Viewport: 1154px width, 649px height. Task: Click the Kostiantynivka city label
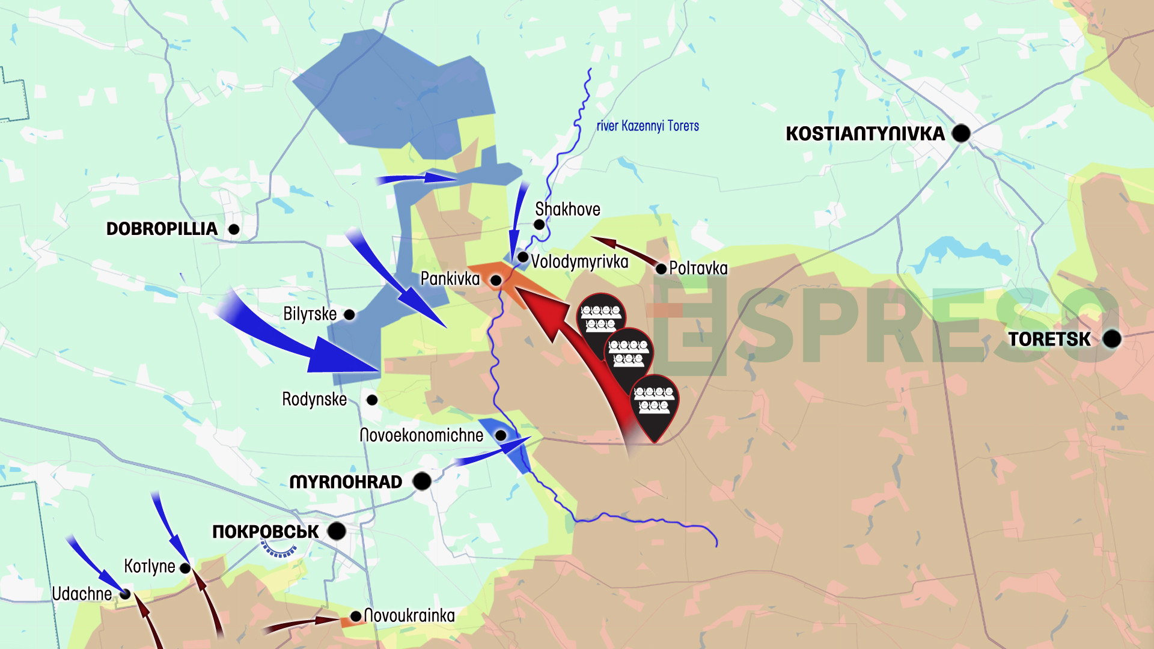(x=865, y=133)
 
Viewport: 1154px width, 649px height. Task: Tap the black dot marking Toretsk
(x=1112, y=339)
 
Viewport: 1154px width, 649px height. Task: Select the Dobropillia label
(x=162, y=229)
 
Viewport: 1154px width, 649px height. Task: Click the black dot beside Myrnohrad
(x=422, y=481)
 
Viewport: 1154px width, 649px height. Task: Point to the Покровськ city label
(x=265, y=532)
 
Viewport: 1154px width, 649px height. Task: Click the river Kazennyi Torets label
(x=647, y=126)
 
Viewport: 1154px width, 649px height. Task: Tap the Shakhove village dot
(x=539, y=224)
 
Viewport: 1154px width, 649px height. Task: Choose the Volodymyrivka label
(x=579, y=262)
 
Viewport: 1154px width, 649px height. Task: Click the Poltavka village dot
(x=661, y=269)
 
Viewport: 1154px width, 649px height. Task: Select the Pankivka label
(x=450, y=279)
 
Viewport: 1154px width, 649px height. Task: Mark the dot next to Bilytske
(x=349, y=314)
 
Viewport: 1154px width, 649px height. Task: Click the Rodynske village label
(x=314, y=400)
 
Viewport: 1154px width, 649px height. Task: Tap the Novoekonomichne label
(x=421, y=435)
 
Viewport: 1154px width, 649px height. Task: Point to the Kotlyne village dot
(x=185, y=568)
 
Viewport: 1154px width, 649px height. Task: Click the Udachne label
(x=82, y=594)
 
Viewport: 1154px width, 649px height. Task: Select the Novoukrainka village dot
(x=356, y=616)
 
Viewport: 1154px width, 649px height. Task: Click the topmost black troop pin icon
(x=601, y=317)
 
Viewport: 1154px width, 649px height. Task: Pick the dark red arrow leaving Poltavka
(x=625, y=251)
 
